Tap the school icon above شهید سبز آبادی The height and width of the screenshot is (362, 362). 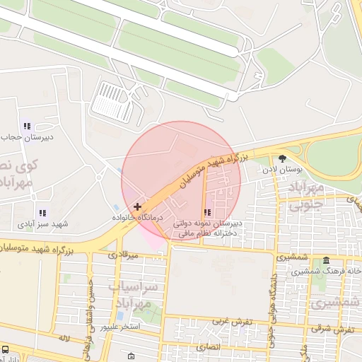coord(42,213)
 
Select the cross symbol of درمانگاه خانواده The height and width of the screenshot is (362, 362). coord(137,206)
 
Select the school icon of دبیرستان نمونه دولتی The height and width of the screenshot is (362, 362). coord(207,212)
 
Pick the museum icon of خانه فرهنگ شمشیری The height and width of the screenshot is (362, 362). coord(325,260)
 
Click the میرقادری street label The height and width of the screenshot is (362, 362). coord(118,254)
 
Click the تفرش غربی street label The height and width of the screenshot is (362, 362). coord(227,322)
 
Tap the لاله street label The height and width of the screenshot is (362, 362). coord(64,337)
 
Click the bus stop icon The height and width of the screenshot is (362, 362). coord(6,349)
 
